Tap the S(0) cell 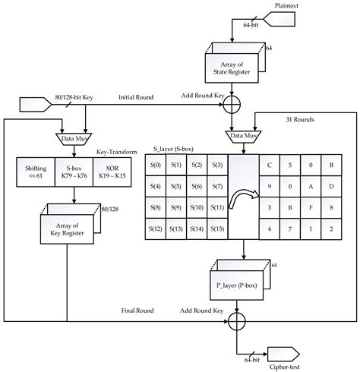tap(155, 165)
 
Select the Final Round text tap(137, 311)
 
